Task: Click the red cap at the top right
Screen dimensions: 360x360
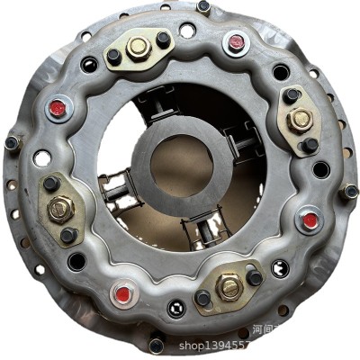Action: pos(237,41)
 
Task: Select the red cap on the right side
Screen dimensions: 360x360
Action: pos(310,220)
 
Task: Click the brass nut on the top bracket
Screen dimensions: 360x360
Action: pos(138,47)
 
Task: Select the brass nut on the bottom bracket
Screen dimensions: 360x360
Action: pos(229,288)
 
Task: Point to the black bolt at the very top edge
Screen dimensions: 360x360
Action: pos(203,6)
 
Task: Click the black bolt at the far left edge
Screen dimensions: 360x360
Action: pos(11,142)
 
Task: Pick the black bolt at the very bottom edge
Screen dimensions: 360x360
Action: pos(156,345)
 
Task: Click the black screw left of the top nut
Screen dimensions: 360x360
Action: pos(114,56)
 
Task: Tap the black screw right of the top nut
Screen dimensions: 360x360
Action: pos(163,40)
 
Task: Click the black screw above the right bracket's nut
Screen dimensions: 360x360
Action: pos(292,94)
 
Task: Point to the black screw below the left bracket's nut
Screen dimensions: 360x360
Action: pos(68,235)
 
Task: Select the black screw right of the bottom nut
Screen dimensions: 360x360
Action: pos(255,278)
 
